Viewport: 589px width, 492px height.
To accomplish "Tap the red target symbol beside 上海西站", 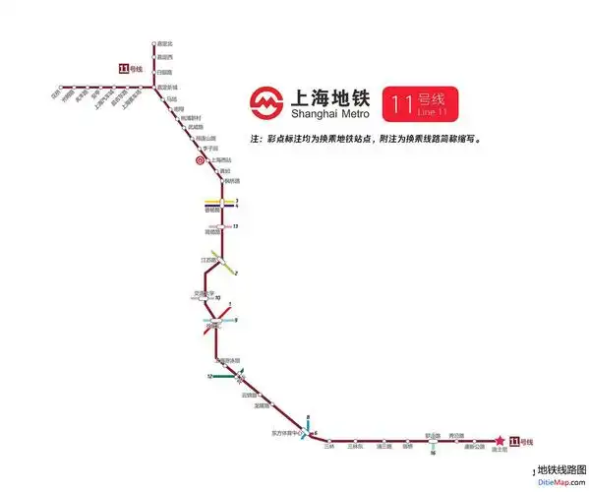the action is [199, 159].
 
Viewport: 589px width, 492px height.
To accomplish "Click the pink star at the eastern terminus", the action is [499, 441].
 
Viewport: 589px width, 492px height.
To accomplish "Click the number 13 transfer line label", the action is [237, 226].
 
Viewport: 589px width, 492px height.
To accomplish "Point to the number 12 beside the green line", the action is [209, 376].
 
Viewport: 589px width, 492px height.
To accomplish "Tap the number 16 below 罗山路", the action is [433, 453].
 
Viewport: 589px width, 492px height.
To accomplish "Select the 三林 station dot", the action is [329, 441].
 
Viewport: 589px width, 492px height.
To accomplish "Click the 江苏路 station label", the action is [207, 260].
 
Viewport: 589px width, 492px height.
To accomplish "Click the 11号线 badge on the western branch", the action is [130, 68].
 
